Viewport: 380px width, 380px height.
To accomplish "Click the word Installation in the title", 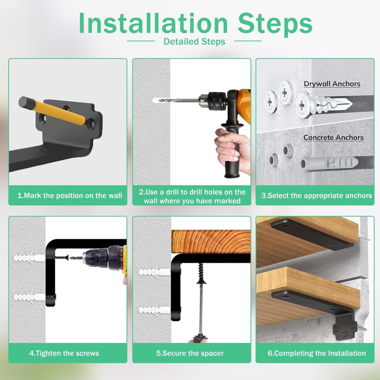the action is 153,23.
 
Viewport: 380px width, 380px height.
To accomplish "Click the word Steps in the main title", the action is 275,25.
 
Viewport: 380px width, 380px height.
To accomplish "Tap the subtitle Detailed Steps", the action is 194,41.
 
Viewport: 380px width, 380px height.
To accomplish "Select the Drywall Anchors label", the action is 332,84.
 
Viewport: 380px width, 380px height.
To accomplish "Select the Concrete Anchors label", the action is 333,137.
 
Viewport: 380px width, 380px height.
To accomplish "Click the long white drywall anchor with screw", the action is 323,104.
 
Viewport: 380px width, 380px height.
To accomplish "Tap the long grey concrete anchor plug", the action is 329,163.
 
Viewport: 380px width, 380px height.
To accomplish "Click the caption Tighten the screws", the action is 64,353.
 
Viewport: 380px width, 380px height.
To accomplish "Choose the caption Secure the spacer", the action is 190,353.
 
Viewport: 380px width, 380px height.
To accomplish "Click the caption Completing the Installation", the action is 317,353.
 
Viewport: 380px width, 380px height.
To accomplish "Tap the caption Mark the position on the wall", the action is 69,196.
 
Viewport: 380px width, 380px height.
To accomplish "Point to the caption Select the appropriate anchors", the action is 316,196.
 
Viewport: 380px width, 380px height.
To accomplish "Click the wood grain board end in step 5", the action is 211,242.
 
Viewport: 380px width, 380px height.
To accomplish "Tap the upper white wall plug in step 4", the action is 29,257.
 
